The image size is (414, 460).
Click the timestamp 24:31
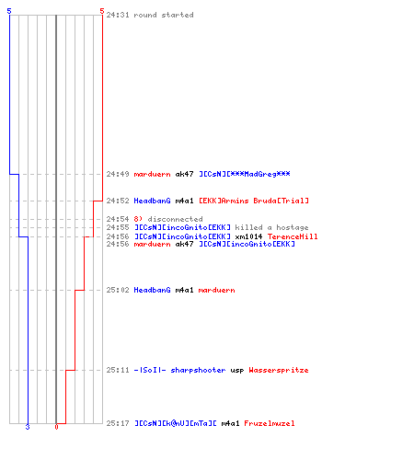[x=118, y=15]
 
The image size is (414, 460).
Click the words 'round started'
[x=164, y=15]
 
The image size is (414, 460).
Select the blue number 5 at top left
[x=9, y=11]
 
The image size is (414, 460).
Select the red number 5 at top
[x=102, y=11]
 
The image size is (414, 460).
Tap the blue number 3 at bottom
[x=28, y=427]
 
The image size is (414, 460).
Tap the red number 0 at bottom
[x=56, y=427]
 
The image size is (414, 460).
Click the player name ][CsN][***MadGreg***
[x=245, y=174]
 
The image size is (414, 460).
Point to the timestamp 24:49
[x=118, y=174]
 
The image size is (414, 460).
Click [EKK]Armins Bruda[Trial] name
[x=254, y=201]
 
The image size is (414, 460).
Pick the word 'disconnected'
[x=175, y=219]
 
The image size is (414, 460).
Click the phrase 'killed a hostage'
[x=271, y=227]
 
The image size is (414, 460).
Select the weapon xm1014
[x=248, y=236]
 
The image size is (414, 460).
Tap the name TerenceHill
[x=293, y=236]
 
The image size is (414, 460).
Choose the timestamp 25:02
[x=118, y=290]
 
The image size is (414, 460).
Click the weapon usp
[x=237, y=371]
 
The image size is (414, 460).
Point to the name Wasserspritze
[x=279, y=371]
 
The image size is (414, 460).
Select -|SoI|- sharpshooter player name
[x=179, y=371]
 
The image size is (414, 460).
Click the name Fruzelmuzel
[x=270, y=423]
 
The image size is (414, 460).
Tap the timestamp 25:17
[x=118, y=423]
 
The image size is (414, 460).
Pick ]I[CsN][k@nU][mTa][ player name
[x=176, y=423]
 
